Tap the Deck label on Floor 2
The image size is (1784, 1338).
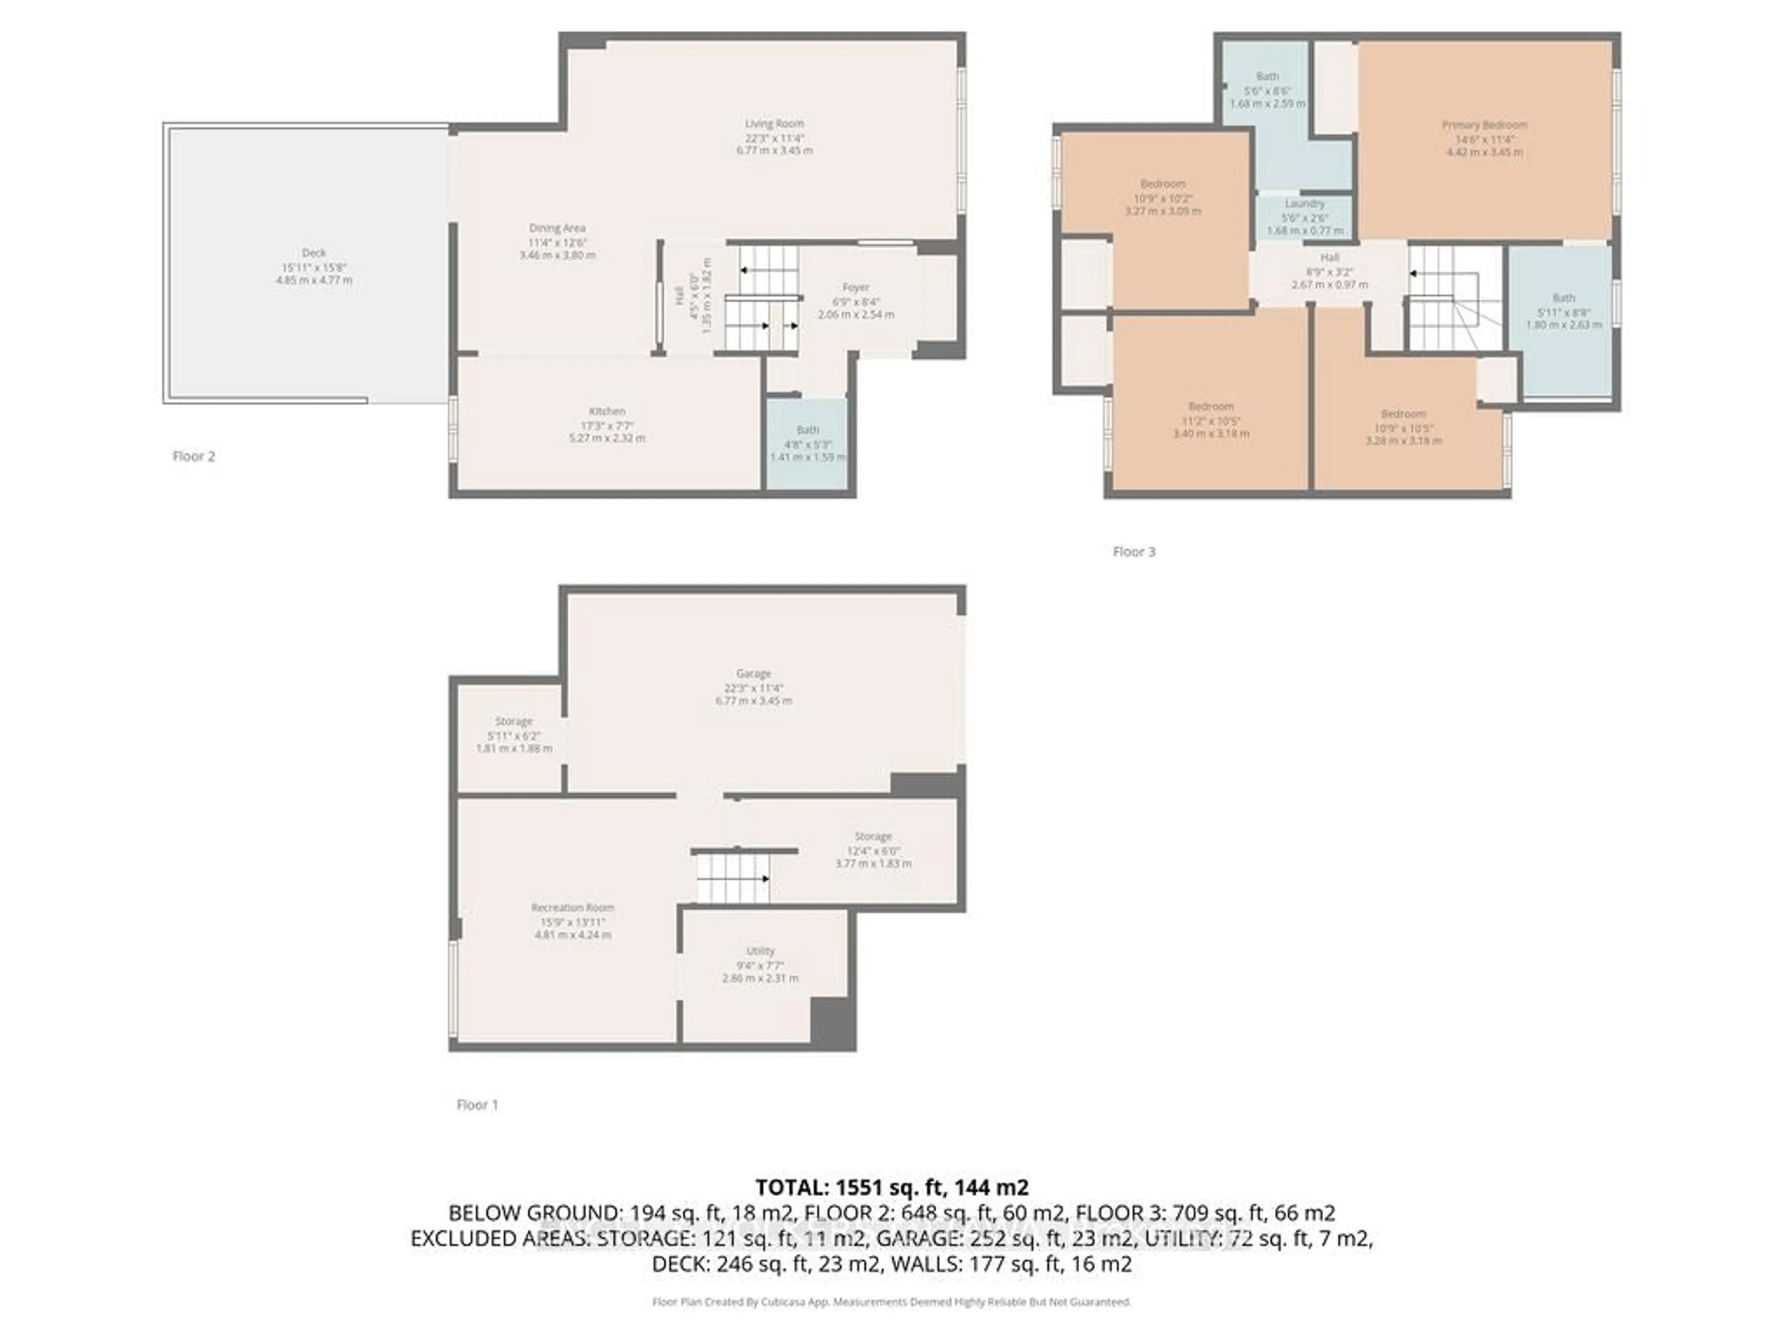click(x=314, y=252)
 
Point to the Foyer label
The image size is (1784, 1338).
click(x=856, y=287)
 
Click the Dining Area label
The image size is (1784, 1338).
click(x=557, y=228)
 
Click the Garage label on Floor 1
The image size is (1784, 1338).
click(x=753, y=674)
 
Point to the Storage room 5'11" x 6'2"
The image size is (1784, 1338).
click(x=514, y=735)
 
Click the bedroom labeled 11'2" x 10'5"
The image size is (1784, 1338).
click(x=1211, y=420)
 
